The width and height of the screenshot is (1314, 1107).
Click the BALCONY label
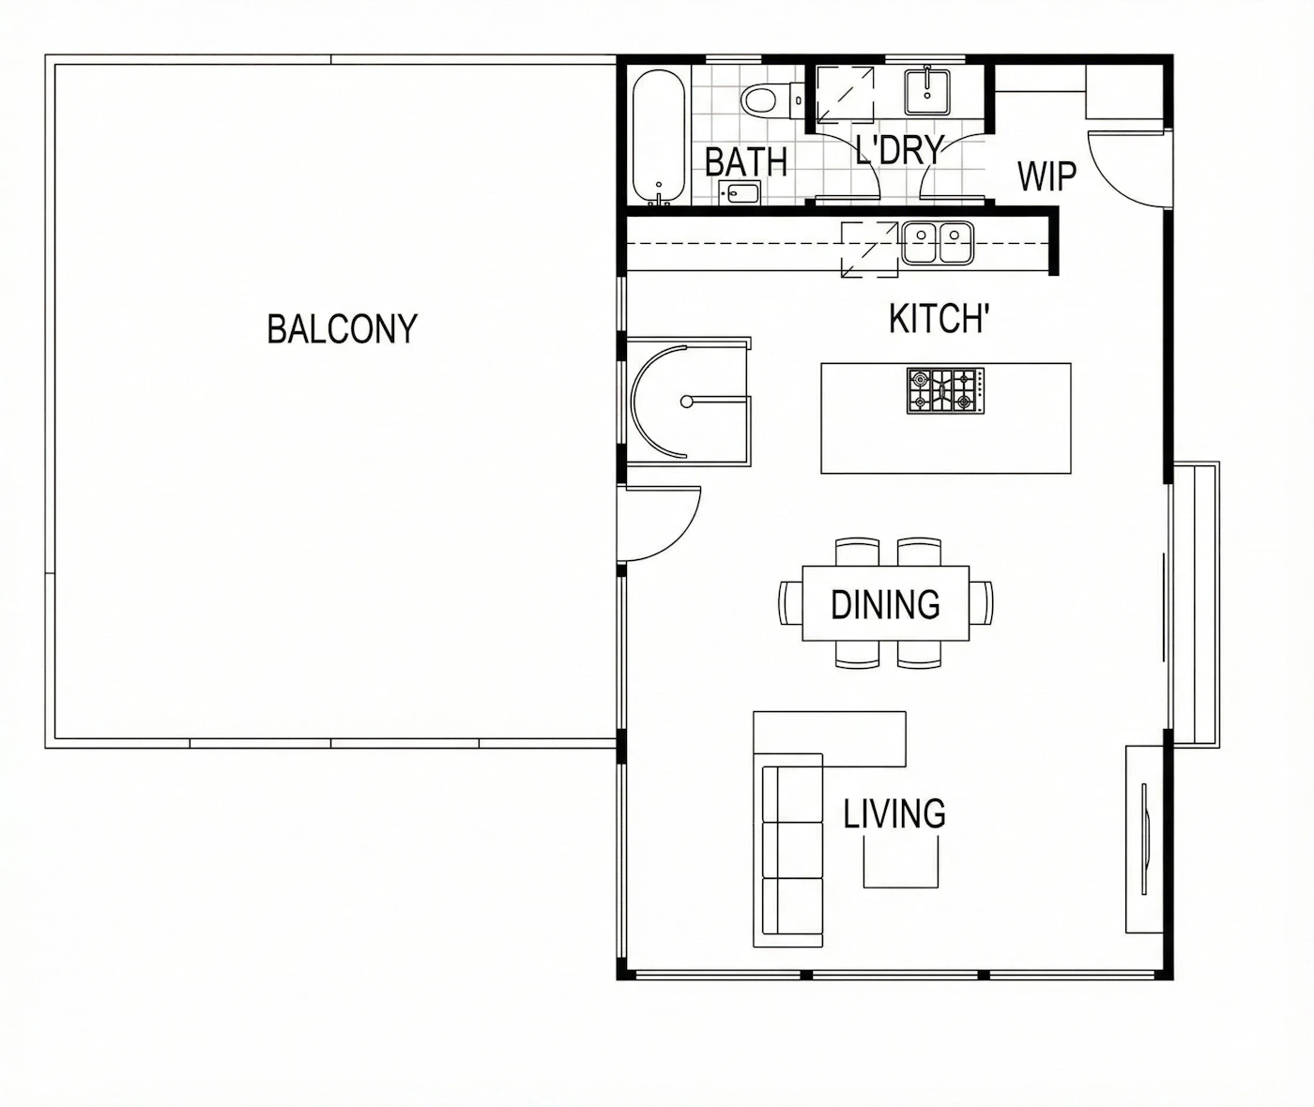click(x=343, y=328)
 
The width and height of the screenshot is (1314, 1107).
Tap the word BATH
click(x=746, y=162)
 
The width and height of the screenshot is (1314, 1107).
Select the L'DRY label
click(x=900, y=150)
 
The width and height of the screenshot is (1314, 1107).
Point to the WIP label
click(x=1047, y=176)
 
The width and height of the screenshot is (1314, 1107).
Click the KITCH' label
click(x=940, y=318)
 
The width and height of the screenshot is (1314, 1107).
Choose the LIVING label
click(x=894, y=813)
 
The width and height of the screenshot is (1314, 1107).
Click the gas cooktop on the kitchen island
click(x=946, y=391)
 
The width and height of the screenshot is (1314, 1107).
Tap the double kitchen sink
click(x=938, y=243)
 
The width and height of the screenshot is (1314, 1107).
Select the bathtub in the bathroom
click(x=658, y=137)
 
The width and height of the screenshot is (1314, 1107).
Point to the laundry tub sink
click(x=927, y=93)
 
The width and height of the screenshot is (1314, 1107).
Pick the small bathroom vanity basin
click(x=740, y=192)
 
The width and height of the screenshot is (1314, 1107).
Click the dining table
click(x=885, y=603)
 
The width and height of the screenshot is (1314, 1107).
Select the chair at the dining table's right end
click(x=981, y=603)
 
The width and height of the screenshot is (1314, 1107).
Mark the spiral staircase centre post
click(x=687, y=402)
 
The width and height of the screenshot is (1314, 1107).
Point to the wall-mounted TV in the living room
click(x=1145, y=839)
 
